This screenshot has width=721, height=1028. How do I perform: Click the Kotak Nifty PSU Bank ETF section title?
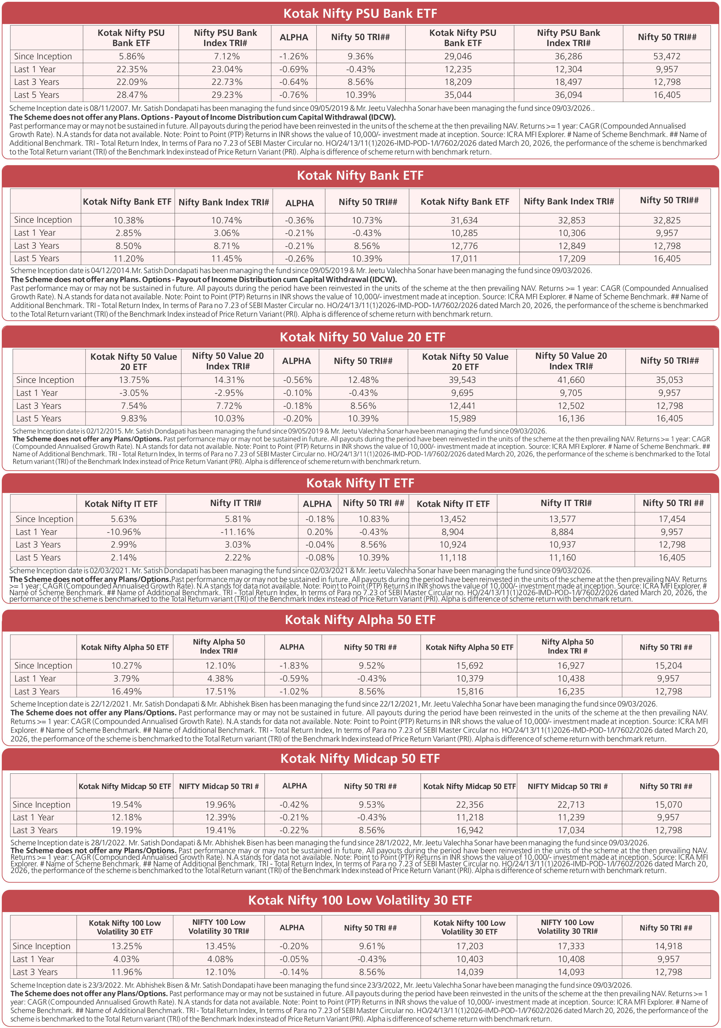[x=360, y=14]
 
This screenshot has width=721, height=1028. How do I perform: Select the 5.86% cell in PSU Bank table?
[x=132, y=56]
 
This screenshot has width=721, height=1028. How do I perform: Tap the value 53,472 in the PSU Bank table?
[x=667, y=56]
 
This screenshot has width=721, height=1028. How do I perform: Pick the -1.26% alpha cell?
[x=294, y=56]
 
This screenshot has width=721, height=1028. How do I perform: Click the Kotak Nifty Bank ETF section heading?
[x=360, y=175]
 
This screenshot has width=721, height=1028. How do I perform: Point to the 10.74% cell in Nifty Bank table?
[x=227, y=220]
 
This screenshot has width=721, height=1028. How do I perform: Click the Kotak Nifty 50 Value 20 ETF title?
[x=362, y=337]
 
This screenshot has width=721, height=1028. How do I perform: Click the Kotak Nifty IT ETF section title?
[x=360, y=483]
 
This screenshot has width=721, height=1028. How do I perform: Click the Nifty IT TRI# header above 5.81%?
[x=235, y=503]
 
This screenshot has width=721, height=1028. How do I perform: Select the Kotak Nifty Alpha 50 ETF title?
[x=360, y=620]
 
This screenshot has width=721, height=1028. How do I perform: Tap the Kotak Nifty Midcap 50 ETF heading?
[x=360, y=759]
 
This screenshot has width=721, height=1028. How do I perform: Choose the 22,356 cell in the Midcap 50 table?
[x=470, y=805]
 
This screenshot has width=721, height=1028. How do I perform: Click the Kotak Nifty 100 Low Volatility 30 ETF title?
[x=360, y=900]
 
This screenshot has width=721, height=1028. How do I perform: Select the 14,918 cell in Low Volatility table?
[x=669, y=946]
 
